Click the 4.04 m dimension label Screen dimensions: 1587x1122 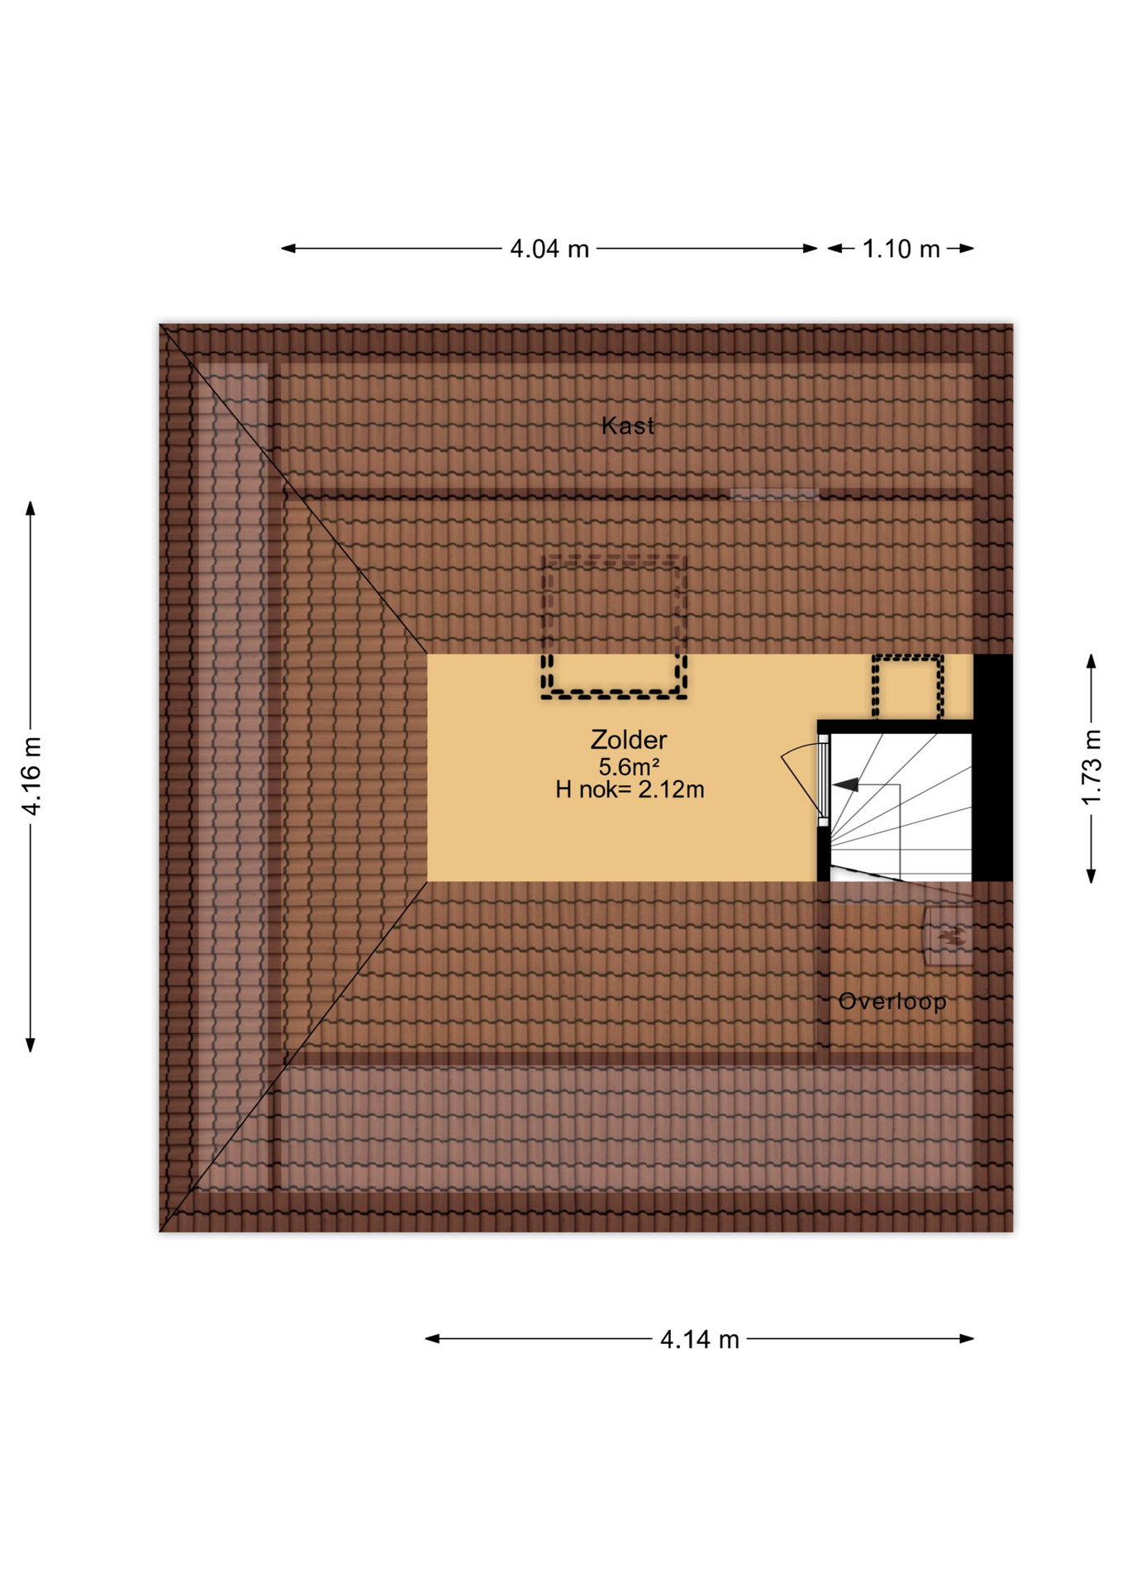pos(549,249)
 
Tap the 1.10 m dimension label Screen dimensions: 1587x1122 pos(901,249)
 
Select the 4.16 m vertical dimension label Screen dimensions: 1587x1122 pos(31,775)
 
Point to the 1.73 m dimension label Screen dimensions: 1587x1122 pos(1091,767)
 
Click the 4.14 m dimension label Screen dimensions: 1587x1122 pos(699,1339)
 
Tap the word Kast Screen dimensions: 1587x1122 pos(628,426)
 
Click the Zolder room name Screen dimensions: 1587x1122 pos(628,740)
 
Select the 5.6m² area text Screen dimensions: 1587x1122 pos(628,767)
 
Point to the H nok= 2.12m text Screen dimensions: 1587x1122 pos(630,790)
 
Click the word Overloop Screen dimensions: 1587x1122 pos(892,1002)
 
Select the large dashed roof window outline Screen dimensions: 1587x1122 pos(614,627)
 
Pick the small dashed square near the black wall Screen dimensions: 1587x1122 pos(907,687)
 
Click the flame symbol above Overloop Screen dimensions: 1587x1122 pos(950,936)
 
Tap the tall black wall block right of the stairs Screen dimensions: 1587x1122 pos(992,767)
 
